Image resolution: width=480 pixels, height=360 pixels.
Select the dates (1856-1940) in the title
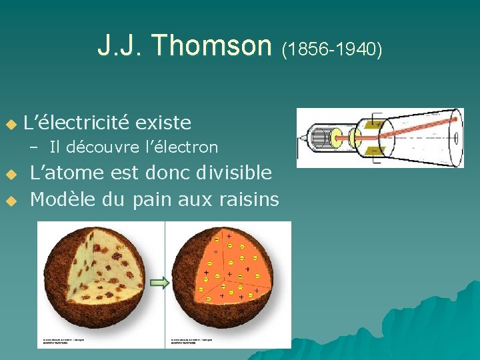[332, 49]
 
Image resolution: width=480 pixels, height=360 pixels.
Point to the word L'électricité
[76, 123]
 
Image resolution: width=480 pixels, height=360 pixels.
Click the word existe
[163, 123]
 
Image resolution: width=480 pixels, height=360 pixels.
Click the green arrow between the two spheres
[160, 283]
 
